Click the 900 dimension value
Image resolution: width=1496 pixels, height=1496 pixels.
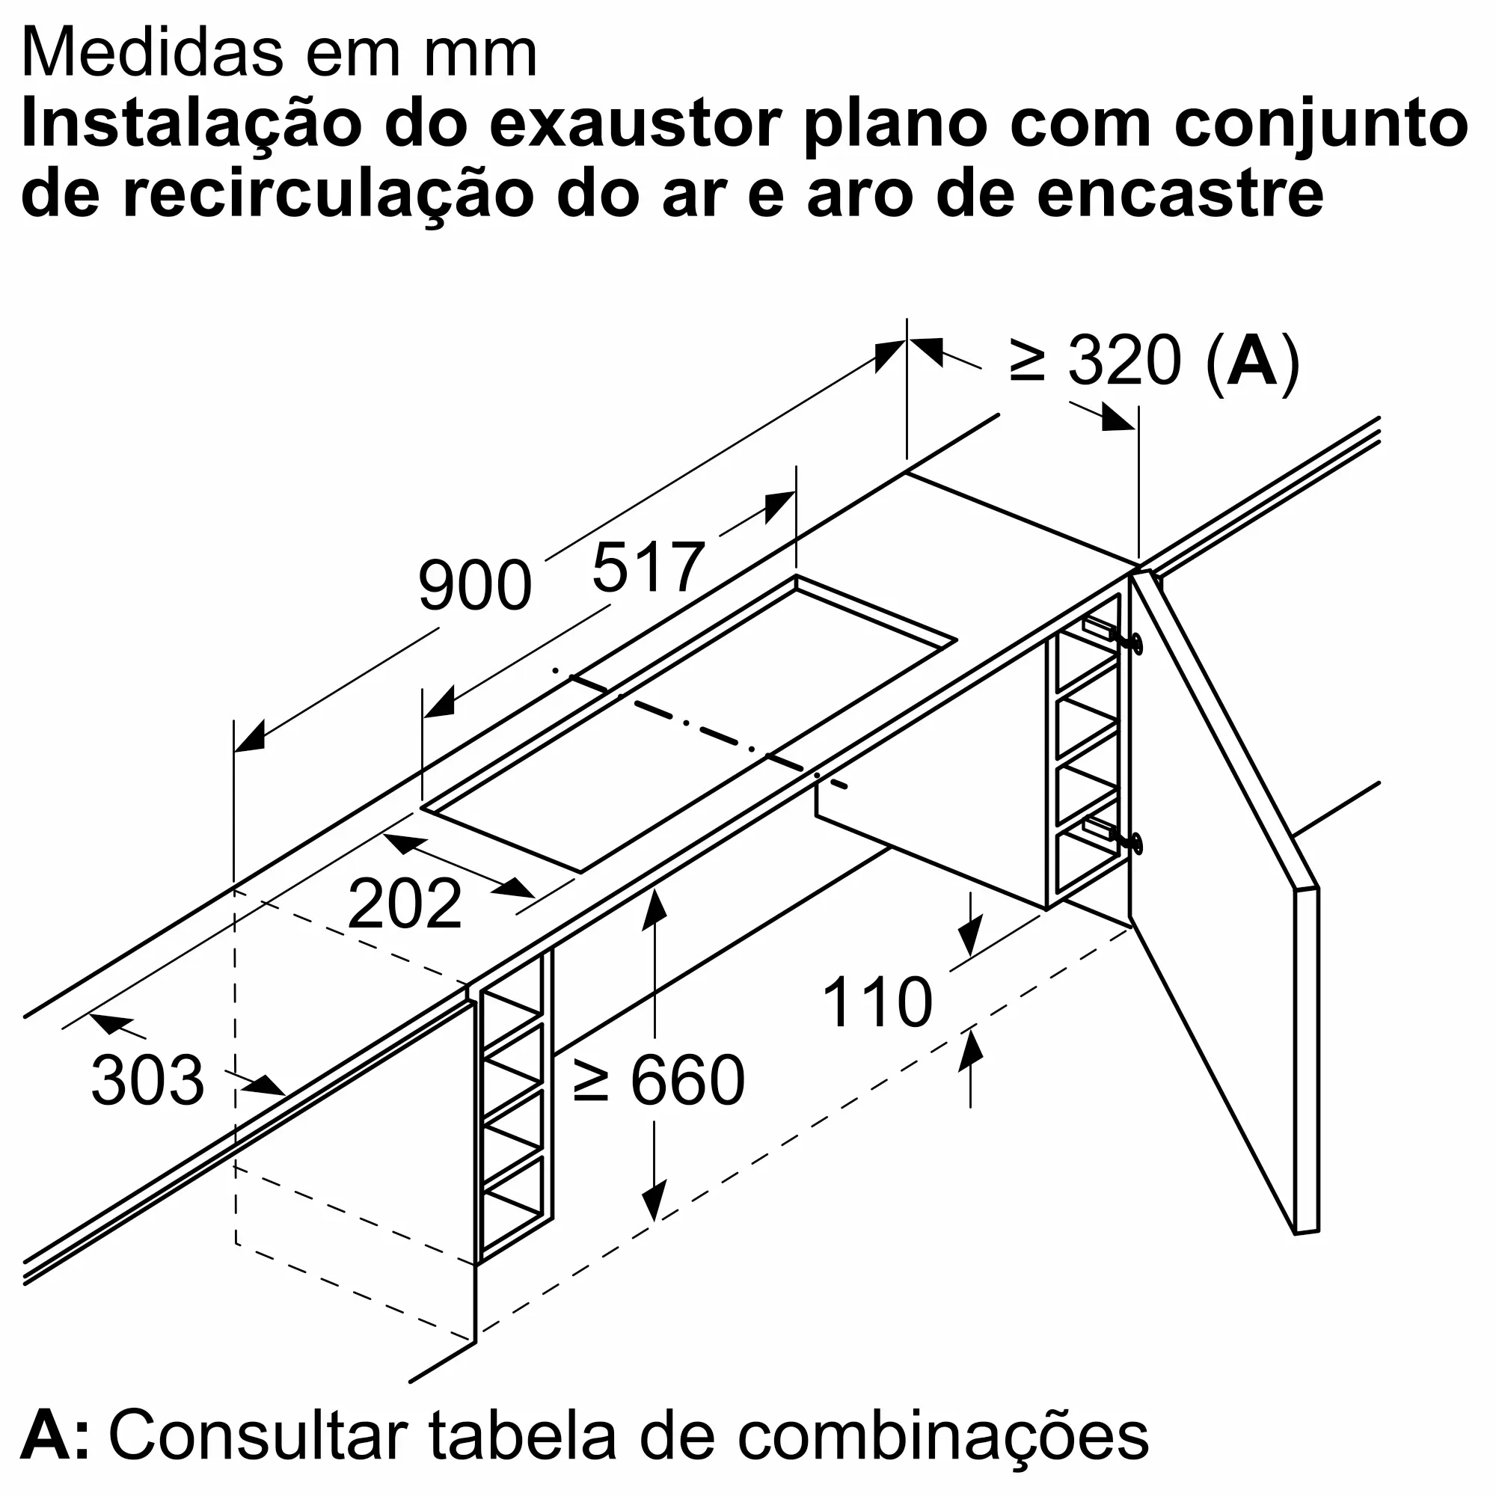point(475,586)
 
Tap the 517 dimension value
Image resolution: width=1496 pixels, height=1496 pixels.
point(648,568)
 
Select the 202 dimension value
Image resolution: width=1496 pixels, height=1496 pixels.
point(404,904)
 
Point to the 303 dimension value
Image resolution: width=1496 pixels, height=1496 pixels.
point(147,1081)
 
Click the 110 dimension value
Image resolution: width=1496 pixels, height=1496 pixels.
point(877,1003)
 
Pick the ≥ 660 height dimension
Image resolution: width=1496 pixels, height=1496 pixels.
point(659,1081)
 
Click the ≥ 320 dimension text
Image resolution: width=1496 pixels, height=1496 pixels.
point(1096,361)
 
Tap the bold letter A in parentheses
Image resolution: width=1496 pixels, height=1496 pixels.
point(1252,361)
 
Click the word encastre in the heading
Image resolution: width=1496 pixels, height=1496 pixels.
point(1180,194)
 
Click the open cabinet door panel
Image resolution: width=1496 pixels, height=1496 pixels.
point(1224,890)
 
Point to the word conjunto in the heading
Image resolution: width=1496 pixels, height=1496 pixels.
point(1320,126)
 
